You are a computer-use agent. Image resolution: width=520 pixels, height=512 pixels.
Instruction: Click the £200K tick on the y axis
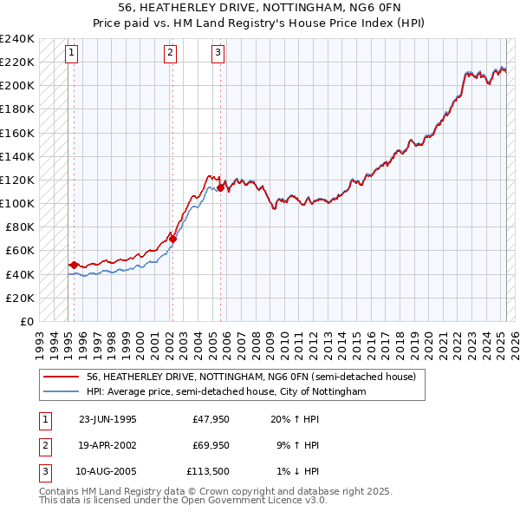click(x=17, y=86)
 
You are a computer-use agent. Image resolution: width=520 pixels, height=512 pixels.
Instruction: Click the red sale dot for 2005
click(x=221, y=187)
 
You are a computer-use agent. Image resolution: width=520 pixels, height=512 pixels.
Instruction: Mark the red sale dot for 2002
click(x=172, y=239)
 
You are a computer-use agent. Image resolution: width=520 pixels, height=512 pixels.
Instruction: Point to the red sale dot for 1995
click(x=75, y=265)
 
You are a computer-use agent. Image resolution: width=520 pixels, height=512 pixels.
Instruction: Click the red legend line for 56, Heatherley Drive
click(x=62, y=377)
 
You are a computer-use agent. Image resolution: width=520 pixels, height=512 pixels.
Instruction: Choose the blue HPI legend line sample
click(x=62, y=391)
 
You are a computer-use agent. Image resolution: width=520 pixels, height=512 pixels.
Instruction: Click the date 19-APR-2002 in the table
click(x=107, y=445)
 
